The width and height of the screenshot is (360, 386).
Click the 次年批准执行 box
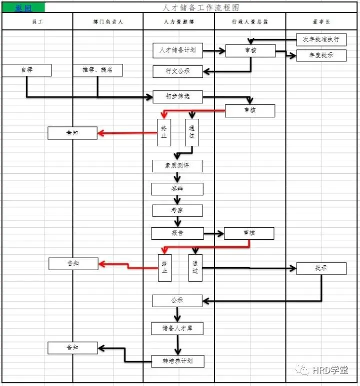point(321,39)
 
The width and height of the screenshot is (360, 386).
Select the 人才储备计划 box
point(177,50)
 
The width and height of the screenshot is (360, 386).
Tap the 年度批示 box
point(321,55)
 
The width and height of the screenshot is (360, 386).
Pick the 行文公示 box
point(177,71)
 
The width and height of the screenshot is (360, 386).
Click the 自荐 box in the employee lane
point(26,70)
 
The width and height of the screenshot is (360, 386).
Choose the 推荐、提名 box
point(97,70)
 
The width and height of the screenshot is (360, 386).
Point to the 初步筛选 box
point(177,96)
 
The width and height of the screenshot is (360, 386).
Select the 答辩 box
point(177,189)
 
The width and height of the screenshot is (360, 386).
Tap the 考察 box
point(177,210)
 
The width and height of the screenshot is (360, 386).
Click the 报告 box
point(177,233)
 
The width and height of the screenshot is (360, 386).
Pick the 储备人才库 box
point(177,328)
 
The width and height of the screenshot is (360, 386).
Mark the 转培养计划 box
point(177,360)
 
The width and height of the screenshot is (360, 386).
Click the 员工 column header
point(37,22)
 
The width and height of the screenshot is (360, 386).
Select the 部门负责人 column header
point(108,22)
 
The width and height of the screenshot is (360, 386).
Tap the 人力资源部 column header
point(179,22)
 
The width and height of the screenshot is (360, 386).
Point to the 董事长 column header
point(321,22)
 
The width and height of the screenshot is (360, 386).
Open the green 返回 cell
point(23,8)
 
